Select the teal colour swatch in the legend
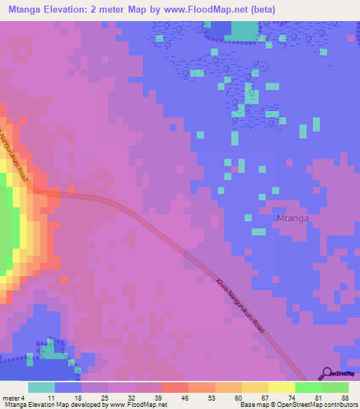(x=41, y=387)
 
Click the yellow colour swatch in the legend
(x=282, y=387)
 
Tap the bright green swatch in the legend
(x=309, y=387)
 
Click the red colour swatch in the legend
(x=175, y=387)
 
